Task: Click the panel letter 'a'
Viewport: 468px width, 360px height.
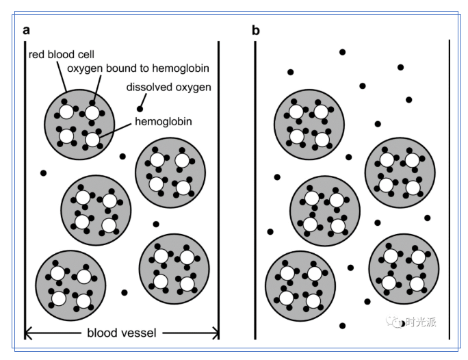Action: click(x=26, y=29)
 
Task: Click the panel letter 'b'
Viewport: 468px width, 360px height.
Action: click(x=256, y=29)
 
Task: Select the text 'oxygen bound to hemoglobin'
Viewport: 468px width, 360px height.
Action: click(x=138, y=68)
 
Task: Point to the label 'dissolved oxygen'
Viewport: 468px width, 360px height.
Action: click(x=168, y=87)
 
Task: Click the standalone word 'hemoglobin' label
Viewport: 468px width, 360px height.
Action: click(x=163, y=122)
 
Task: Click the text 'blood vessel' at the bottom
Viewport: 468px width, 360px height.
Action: click(x=121, y=333)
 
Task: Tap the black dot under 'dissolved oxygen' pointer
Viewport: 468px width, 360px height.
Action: click(x=140, y=109)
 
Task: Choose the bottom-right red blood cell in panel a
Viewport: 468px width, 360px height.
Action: click(x=173, y=268)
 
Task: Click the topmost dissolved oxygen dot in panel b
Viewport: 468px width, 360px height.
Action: click(x=343, y=51)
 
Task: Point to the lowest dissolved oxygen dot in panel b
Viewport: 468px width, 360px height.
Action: click(x=342, y=325)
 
